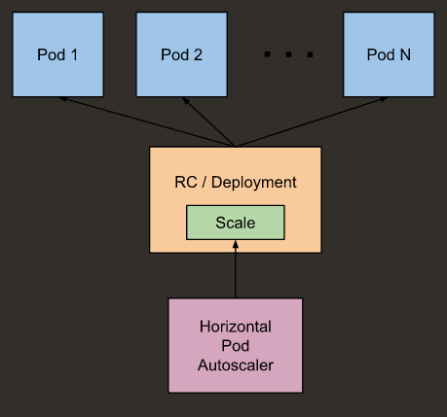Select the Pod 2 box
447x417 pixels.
[x=181, y=54]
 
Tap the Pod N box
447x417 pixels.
[x=389, y=54]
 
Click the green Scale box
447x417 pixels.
[x=235, y=223]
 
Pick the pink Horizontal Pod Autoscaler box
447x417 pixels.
[x=235, y=346]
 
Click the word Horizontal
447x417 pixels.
[x=235, y=327]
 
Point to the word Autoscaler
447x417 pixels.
[x=235, y=365]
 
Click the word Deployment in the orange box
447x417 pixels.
[x=258, y=182]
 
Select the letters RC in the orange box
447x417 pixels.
[x=182, y=182]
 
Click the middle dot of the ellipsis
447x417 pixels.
[x=288, y=55]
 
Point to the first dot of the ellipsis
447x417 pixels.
[x=267, y=55]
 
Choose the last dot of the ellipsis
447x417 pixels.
[x=310, y=55]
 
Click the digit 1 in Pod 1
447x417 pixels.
[x=75, y=54]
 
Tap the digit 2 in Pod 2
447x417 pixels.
[x=198, y=54]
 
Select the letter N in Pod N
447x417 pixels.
[x=404, y=54]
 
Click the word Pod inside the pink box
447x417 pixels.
[x=235, y=346]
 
